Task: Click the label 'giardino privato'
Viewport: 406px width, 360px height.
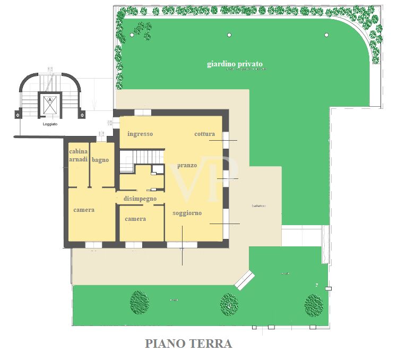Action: [235, 64]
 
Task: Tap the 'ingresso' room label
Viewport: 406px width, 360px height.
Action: [140, 134]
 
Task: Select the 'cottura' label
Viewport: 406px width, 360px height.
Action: [204, 134]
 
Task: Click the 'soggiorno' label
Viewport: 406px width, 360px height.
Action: [187, 213]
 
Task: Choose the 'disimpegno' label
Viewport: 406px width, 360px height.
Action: [140, 199]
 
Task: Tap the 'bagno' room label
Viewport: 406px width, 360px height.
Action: [100, 160]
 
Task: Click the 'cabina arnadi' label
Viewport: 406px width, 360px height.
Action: [78, 156]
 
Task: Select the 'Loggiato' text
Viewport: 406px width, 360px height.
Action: [50, 124]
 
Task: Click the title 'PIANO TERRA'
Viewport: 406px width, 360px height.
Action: [188, 344]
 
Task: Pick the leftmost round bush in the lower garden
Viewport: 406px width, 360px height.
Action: [139, 302]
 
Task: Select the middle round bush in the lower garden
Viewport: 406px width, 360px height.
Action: [229, 304]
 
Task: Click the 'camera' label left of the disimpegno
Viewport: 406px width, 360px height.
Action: [84, 210]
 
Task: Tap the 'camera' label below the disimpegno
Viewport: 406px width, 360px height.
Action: [135, 219]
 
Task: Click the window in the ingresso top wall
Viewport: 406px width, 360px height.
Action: [143, 112]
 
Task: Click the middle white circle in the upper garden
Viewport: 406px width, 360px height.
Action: [229, 35]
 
